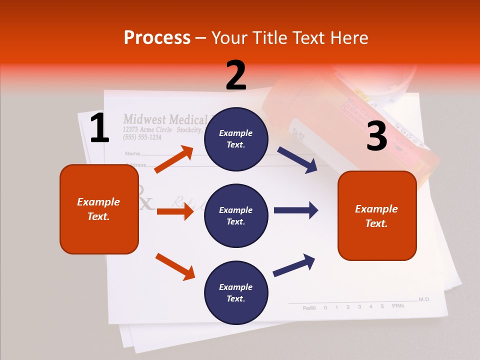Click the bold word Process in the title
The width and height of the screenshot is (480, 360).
pos(157,38)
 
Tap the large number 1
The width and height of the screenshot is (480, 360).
pos(99,128)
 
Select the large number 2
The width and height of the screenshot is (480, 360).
pos(236,75)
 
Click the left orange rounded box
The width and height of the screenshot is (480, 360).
pos(99,209)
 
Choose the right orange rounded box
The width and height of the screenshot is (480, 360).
pos(377,215)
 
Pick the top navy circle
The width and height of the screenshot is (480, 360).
pos(236,138)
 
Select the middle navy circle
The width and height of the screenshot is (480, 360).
pos(236,215)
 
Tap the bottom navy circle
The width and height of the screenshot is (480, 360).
pos(236,292)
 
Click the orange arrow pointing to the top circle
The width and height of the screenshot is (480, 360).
pos(174,159)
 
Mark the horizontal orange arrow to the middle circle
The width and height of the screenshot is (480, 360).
pos(175,211)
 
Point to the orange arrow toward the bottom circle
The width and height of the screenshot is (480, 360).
pos(175,266)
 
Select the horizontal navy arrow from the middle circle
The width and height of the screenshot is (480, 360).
pos(296,210)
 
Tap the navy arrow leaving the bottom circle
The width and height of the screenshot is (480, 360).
pos(294,265)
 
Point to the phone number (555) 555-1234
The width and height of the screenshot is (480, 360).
pos(142,137)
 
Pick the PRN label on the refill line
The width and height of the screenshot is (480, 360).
pos(397,306)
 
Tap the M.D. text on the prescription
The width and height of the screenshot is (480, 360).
pos(424,299)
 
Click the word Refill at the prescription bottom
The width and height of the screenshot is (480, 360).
pos(309,308)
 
